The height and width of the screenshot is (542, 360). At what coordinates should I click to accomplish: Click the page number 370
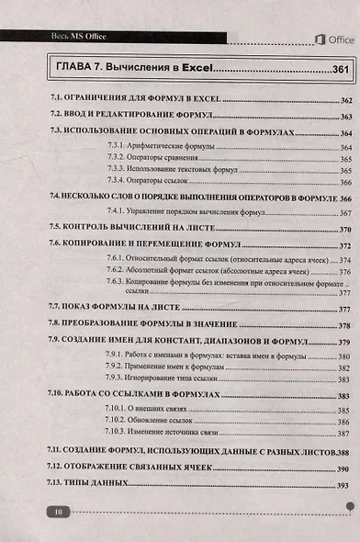tap(345, 229)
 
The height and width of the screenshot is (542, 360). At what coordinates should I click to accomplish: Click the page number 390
tap(344, 469)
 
